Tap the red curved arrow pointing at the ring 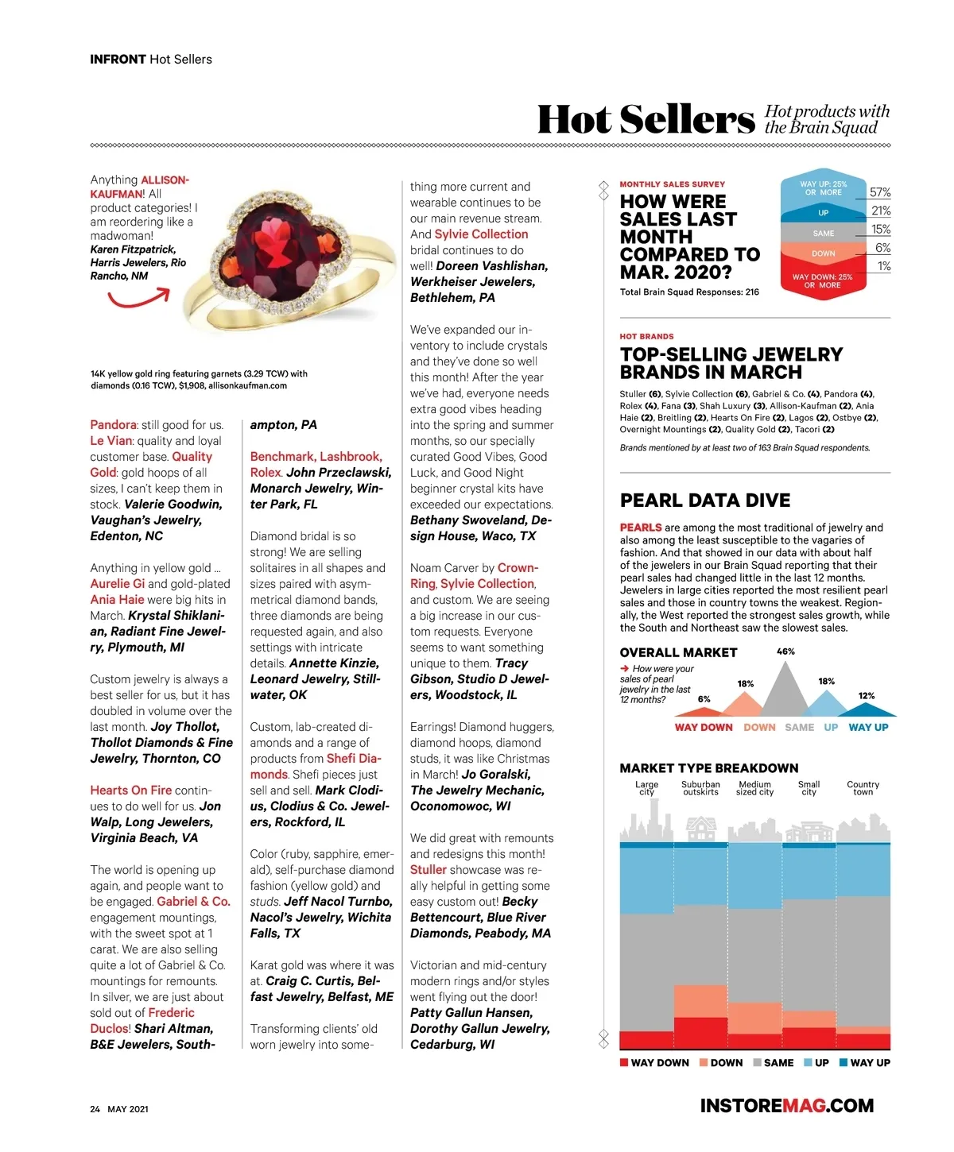[139, 299]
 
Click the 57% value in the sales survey [880, 192]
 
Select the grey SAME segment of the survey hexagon [823, 233]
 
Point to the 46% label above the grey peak [785, 651]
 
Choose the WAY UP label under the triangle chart [868, 727]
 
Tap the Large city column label [646, 788]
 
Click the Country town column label [863, 788]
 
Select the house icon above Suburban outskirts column [700, 829]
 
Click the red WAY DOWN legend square [624, 1062]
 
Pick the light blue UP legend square [808, 1062]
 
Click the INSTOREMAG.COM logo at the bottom [786, 1105]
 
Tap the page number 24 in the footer [95, 1109]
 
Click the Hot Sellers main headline [646, 120]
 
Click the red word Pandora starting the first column [113, 425]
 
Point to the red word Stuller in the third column [429, 870]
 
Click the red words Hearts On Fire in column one [130, 791]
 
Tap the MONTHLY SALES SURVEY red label [672, 184]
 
